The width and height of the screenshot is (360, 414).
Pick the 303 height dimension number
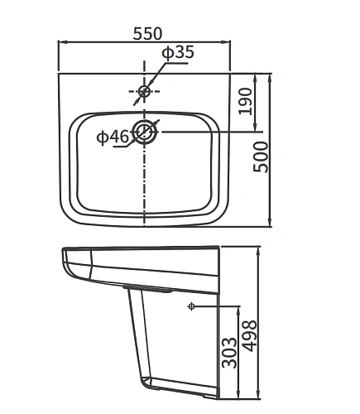pos(231,352)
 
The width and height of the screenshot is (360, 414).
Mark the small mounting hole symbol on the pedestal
pos(191,307)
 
